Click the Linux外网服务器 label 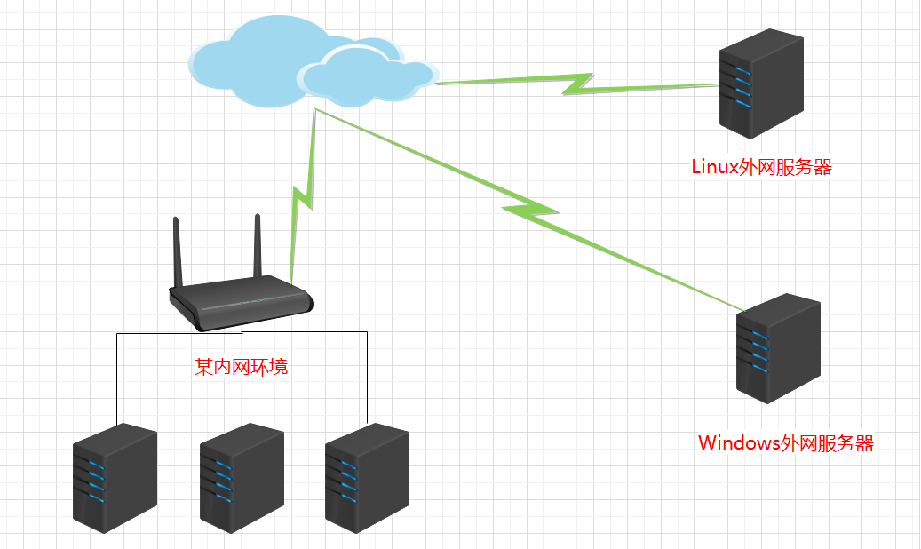[761, 167]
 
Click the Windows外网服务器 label [786, 443]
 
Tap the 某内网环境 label [242, 367]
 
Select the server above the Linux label [761, 84]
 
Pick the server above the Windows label [777, 348]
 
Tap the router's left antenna [177, 253]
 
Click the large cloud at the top [258, 53]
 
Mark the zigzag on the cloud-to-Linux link [577, 84]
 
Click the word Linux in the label [713, 167]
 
